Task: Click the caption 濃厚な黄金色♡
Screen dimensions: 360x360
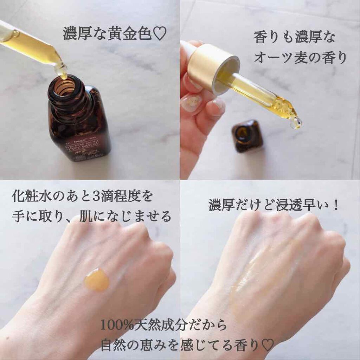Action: pos(114,34)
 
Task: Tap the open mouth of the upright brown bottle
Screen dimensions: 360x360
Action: pos(64,87)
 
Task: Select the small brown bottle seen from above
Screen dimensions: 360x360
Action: pos(247,135)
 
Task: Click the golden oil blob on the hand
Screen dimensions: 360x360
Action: pos(97,279)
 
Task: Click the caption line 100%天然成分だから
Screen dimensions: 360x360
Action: pos(164,325)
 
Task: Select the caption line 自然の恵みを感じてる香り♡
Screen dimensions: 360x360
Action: pos(187,345)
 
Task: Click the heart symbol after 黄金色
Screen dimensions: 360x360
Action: pos(159,34)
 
